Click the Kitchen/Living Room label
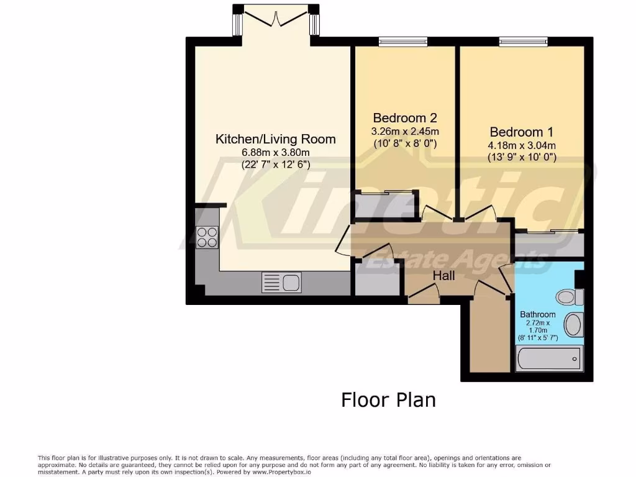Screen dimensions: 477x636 tap(275, 139)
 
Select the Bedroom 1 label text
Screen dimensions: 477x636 tap(521, 132)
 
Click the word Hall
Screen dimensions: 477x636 tap(444, 275)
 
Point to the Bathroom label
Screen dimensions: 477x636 tap(538, 314)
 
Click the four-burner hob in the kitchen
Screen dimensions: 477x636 tap(207, 237)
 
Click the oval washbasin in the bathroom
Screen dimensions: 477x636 tap(573, 324)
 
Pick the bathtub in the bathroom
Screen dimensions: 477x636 tap(549, 358)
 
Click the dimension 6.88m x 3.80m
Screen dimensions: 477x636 tap(275, 153)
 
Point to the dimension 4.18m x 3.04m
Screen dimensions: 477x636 tap(521, 146)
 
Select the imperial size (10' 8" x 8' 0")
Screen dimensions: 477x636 tap(404, 143)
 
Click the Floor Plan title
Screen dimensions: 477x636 tap(388, 399)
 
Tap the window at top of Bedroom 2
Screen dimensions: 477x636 tap(403, 42)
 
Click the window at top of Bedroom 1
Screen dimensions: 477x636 tap(522, 42)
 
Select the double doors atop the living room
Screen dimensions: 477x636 tap(273, 16)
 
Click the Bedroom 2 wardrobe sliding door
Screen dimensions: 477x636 tap(383, 193)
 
